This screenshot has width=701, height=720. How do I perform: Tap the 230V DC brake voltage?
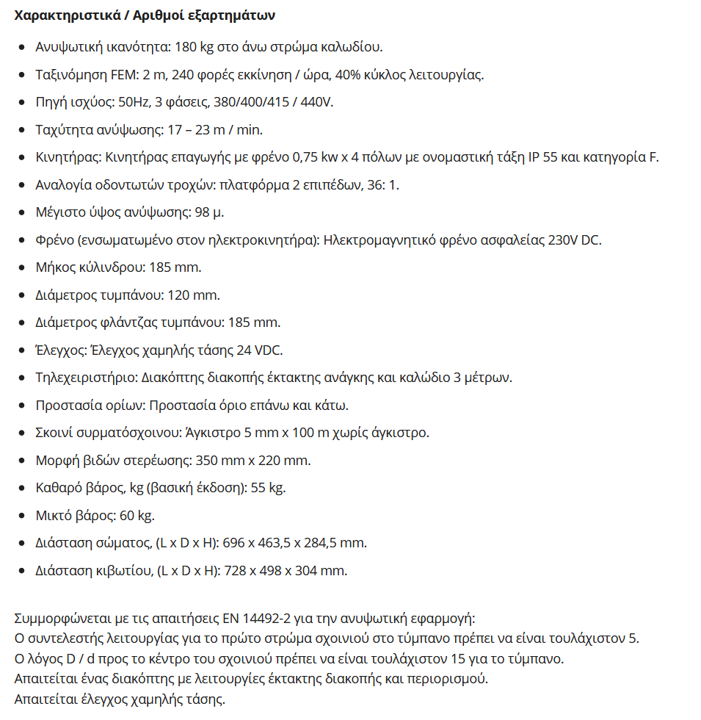pyautogui.click(x=575, y=240)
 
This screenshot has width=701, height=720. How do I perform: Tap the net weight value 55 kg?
pyautogui.click(x=269, y=488)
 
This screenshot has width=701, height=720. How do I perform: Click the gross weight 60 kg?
pyautogui.click(x=137, y=516)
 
